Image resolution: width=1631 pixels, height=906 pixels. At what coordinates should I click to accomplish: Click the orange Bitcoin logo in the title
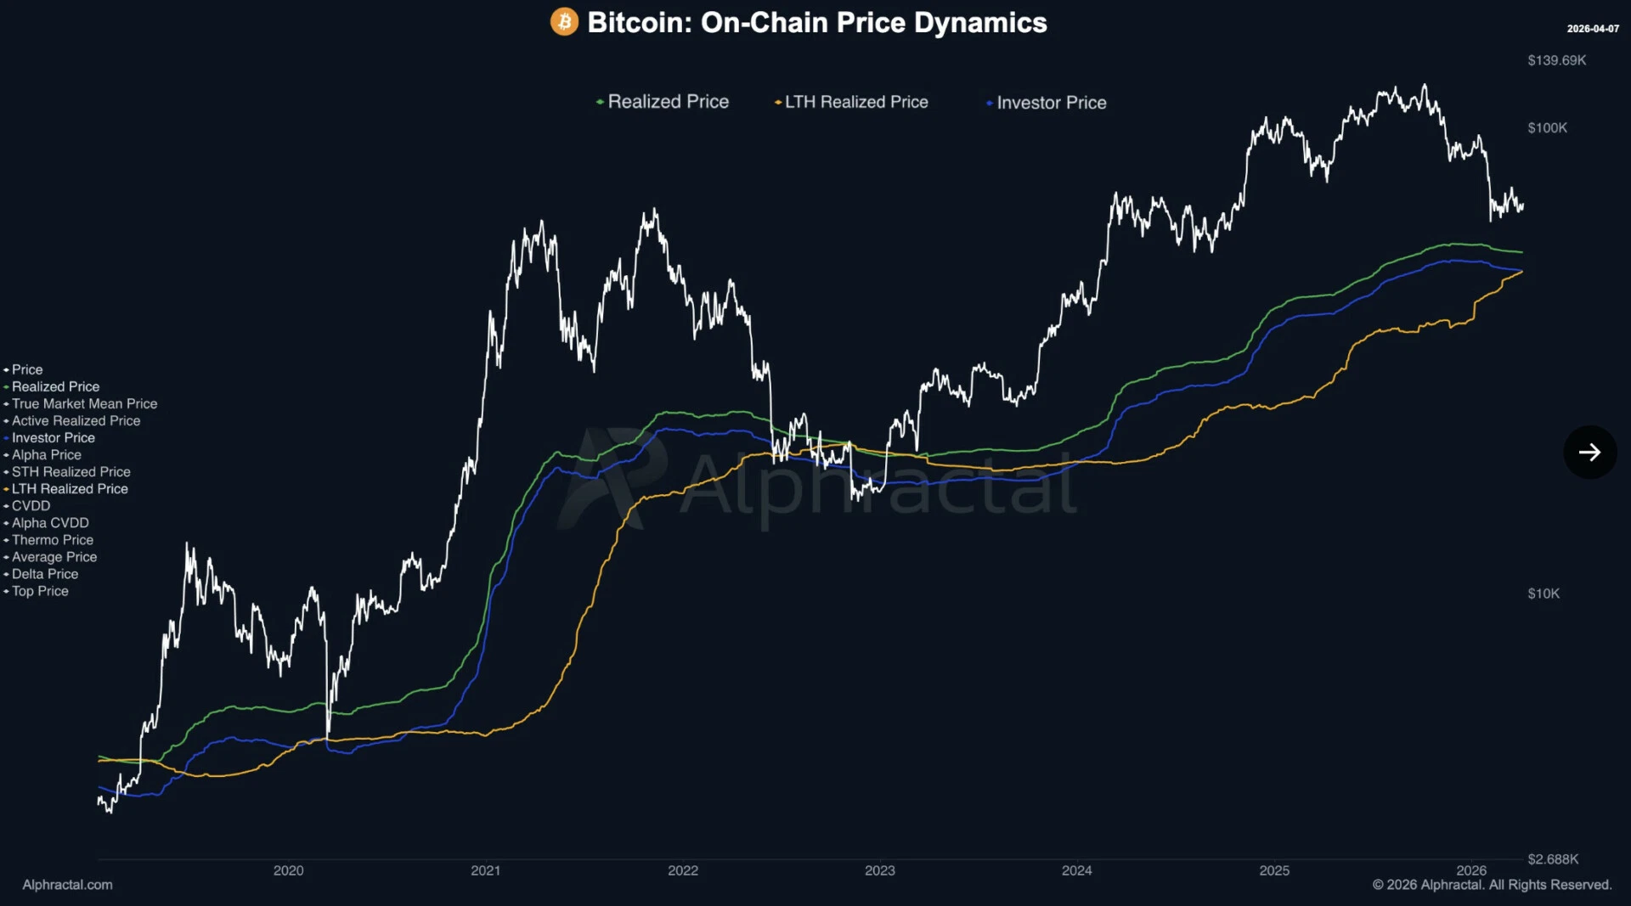click(564, 22)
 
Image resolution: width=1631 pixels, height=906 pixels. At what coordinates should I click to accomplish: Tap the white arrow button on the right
click(1589, 452)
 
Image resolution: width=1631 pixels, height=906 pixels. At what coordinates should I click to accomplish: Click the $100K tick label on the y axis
click(1547, 128)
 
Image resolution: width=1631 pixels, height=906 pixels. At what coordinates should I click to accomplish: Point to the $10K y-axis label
click(1543, 594)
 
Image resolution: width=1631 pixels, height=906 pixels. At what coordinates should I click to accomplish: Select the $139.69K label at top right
click(1556, 60)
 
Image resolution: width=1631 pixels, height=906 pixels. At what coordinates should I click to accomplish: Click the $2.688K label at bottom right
click(1552, 859)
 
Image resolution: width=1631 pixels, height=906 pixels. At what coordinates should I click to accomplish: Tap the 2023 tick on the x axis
click(879, 870)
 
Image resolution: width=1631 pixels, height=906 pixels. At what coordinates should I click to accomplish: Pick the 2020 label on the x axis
click(288, 870)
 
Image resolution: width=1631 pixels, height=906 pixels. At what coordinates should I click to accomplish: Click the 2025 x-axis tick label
click(1273, 870)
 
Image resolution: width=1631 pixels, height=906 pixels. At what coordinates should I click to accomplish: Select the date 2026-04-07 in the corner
click(1593, 29)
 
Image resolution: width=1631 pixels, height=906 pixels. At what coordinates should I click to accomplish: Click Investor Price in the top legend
click(1051, 103)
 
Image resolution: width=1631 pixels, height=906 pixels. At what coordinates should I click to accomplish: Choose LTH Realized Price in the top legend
click(855, 102)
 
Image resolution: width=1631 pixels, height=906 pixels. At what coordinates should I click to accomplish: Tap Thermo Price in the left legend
click(53, 540)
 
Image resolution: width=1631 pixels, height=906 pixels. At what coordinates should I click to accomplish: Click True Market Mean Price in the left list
click(84, 404)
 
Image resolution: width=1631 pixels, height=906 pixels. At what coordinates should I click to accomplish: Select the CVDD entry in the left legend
click(31, 506)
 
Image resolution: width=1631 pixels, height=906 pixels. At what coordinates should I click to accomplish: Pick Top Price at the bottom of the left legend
click(40, 591)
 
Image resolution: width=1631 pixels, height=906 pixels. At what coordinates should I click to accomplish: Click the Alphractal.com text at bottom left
click(67, 885)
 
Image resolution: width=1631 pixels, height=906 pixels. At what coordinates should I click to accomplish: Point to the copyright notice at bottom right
click(1492, 885)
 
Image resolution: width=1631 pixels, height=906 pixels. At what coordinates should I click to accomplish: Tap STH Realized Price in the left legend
click(71, 472)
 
